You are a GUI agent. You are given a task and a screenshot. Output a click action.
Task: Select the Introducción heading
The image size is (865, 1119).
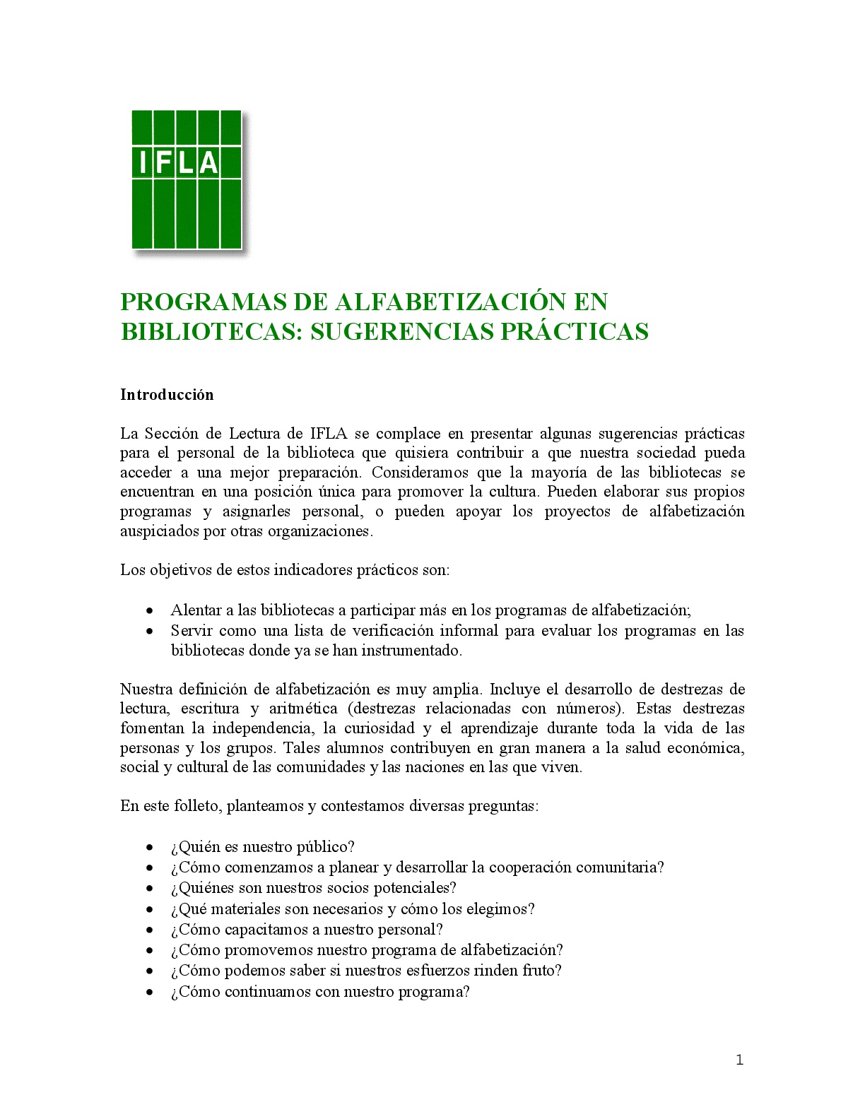coord(167,395)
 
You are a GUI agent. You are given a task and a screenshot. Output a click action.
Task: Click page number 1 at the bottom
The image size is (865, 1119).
coord(739,1059)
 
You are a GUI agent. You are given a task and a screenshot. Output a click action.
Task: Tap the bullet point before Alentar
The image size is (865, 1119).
coord(150,610)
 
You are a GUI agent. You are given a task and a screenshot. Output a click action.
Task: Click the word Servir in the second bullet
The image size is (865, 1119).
coord(191,630)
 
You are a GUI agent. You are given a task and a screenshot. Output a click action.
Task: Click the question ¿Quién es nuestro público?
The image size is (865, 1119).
coord(262,847)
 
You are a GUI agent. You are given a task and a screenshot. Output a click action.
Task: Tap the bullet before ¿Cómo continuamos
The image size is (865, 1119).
coord(150,992)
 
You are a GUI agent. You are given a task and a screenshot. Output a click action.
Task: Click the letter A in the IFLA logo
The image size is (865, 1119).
coord(208,162)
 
